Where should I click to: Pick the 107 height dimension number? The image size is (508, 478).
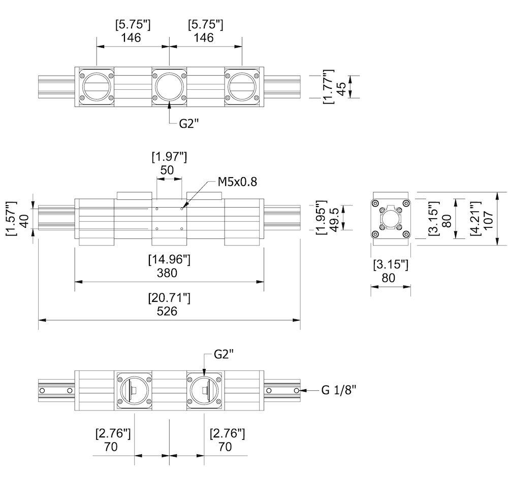click(x=488, y=218)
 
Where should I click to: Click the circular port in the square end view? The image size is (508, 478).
click(x=390, y=219)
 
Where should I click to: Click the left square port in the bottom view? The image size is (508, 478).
click(x=134, y=390)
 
